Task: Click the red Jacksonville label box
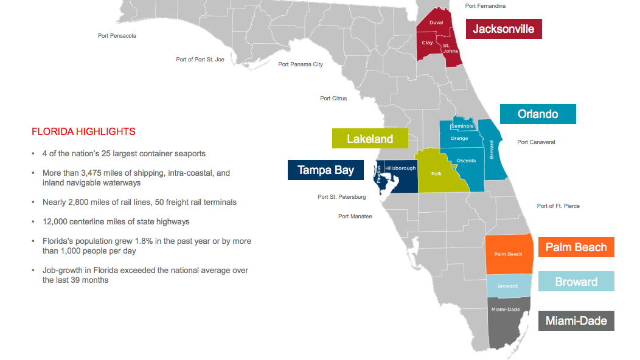point(504,29)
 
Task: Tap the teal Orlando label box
point(537,114)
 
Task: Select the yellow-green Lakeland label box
point(369,139)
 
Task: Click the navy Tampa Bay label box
point(325,170)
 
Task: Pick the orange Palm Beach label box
point(576,247)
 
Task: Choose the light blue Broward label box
point(576,282)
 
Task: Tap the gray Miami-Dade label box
point(576,320)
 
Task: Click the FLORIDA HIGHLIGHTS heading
point(83,131)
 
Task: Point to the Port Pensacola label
point(117,36)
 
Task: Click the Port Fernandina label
point(485,6)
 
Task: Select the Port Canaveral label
point(536,142)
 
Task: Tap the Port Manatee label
point(355,216)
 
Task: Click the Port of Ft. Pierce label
point(558,206)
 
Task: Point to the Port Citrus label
point(333,99)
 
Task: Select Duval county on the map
point(436,22)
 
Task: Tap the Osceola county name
point(466,161)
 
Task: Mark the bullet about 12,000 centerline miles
point(116,221)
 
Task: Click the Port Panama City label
point(301,64)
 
